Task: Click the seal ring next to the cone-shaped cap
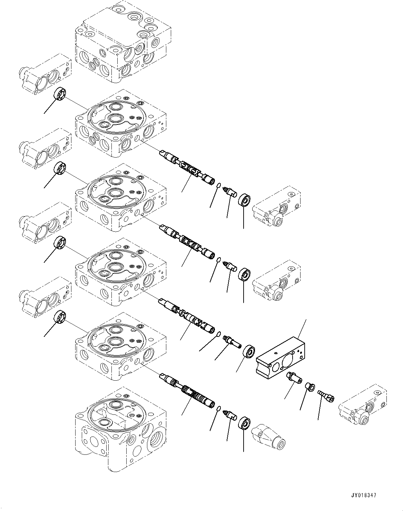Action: click(244, 423)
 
